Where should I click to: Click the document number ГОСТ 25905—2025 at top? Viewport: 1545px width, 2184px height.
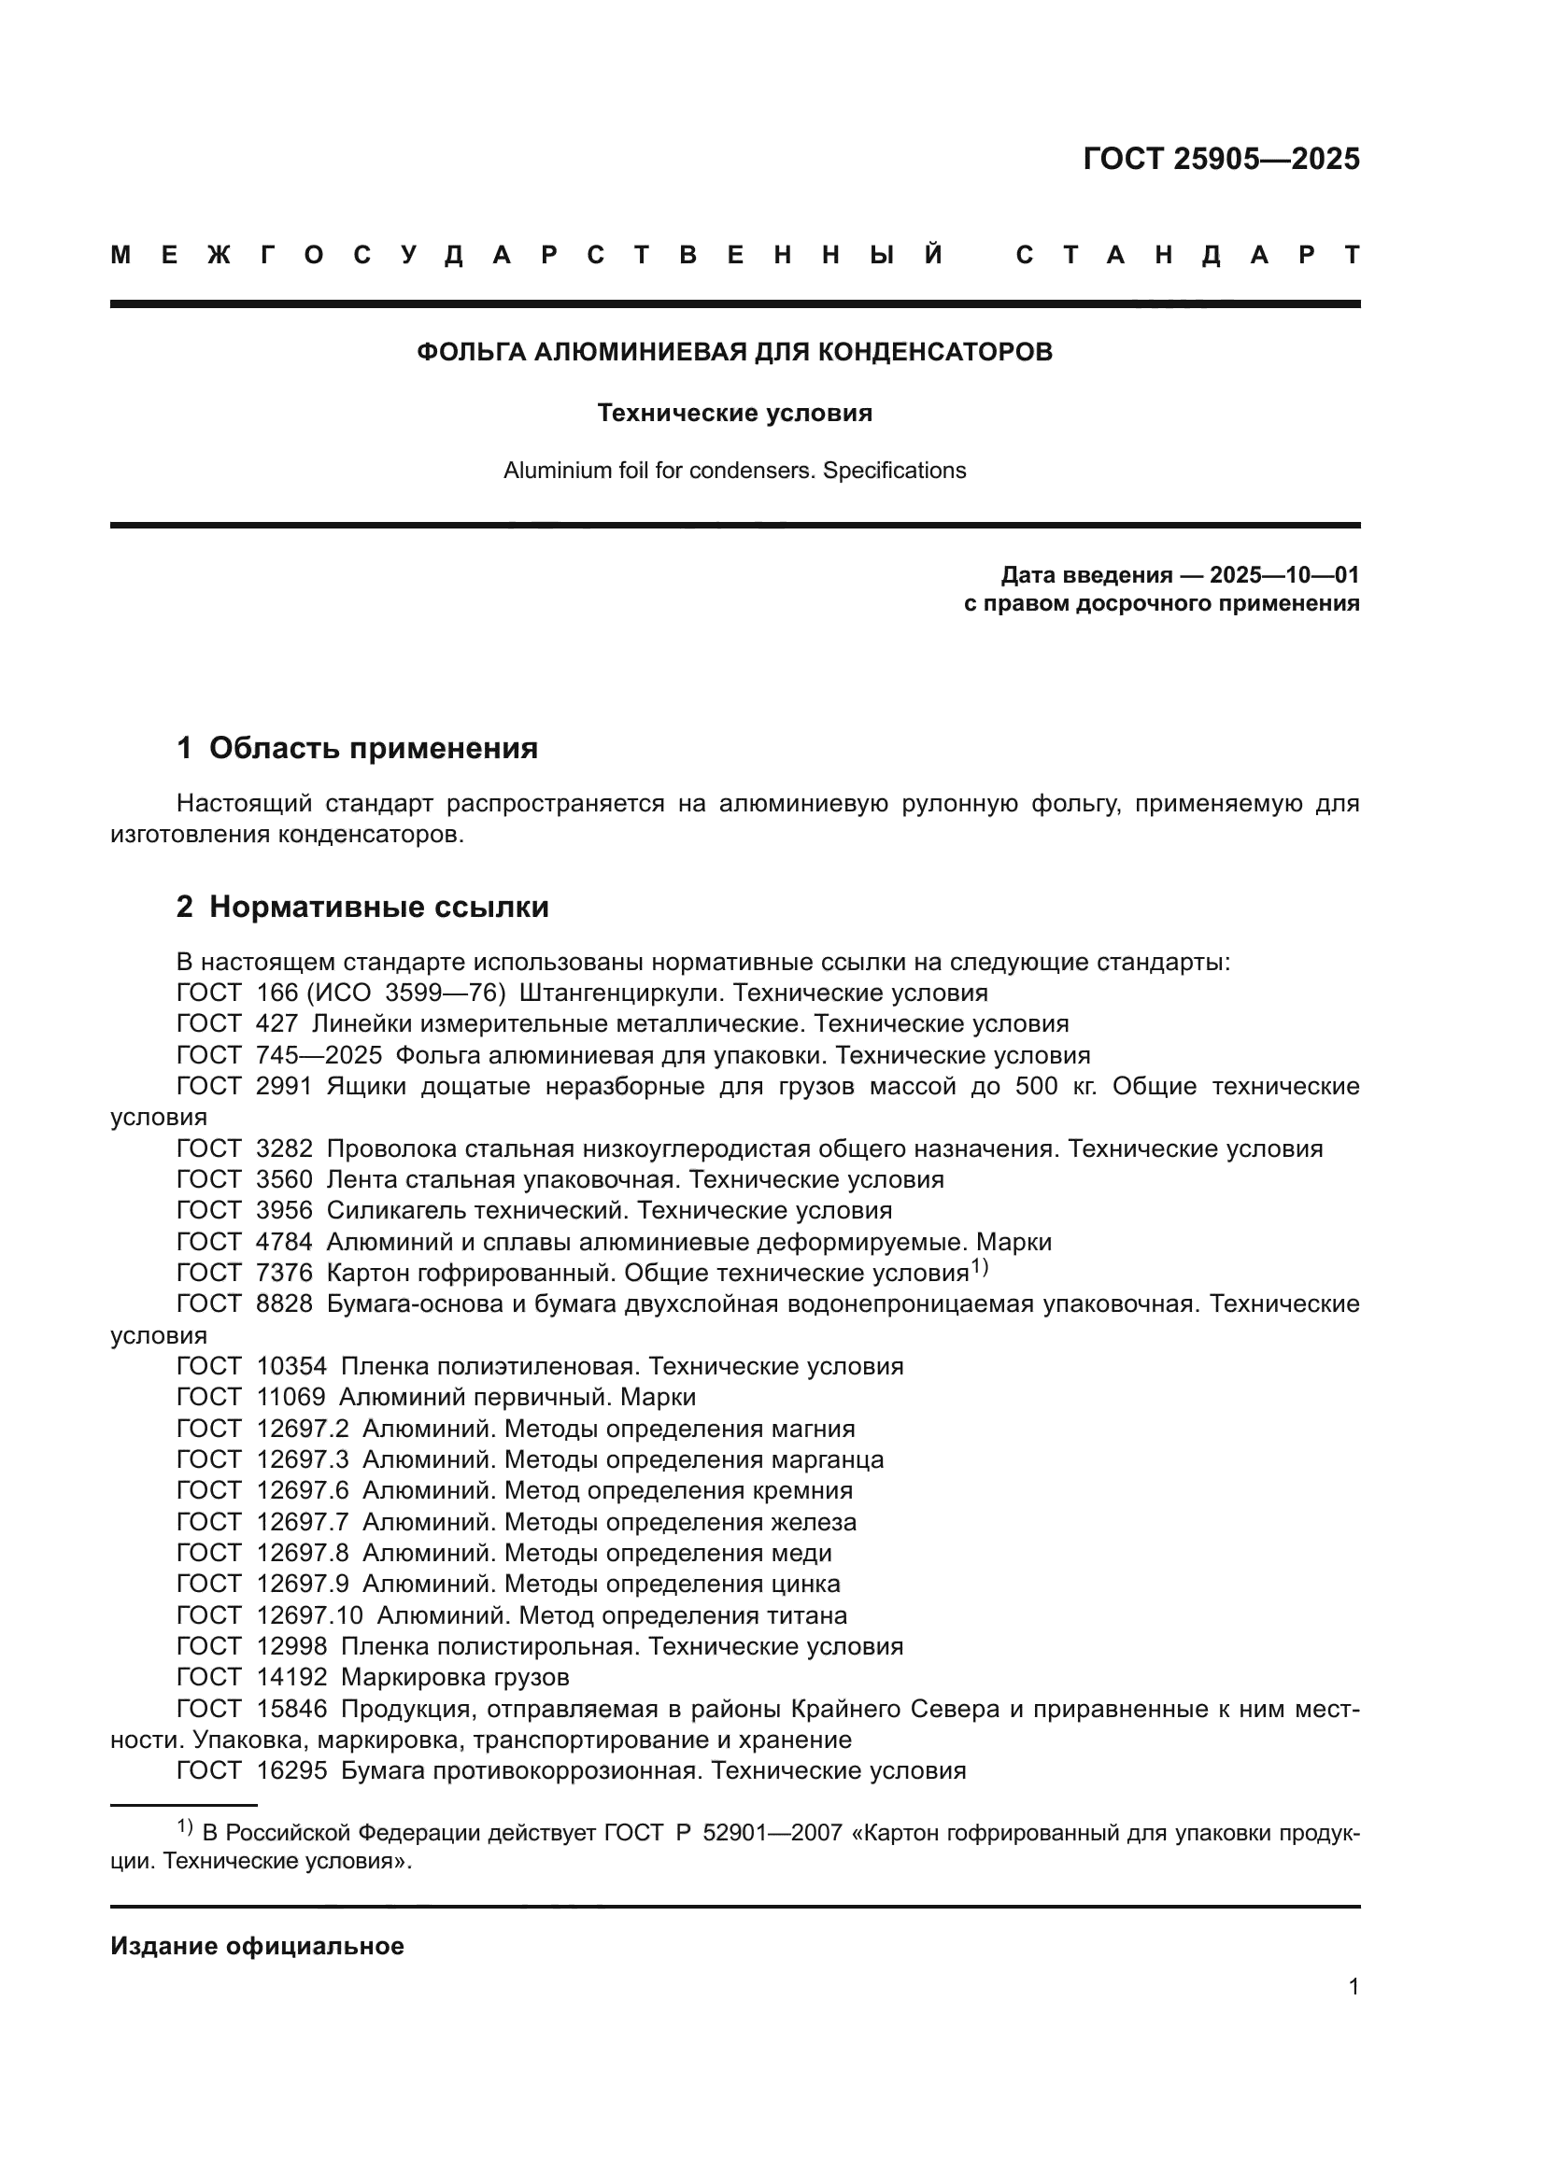pos(1221,159)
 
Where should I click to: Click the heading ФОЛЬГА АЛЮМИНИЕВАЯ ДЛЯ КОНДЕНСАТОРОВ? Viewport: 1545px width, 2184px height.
pos(734,352)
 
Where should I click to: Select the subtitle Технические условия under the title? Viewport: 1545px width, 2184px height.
pos(734,413)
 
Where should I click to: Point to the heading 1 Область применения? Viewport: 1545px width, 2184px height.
pos(357,748)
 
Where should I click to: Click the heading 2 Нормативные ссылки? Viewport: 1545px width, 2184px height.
pos(362,907)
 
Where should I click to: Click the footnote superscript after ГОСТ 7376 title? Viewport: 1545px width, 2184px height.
pos(980,1267)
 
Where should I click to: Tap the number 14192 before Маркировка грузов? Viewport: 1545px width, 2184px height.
pos(291,1677)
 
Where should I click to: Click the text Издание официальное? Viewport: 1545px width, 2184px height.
pos(257,1946)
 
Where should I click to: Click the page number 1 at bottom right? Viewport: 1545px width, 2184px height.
pos(1353,1986)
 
